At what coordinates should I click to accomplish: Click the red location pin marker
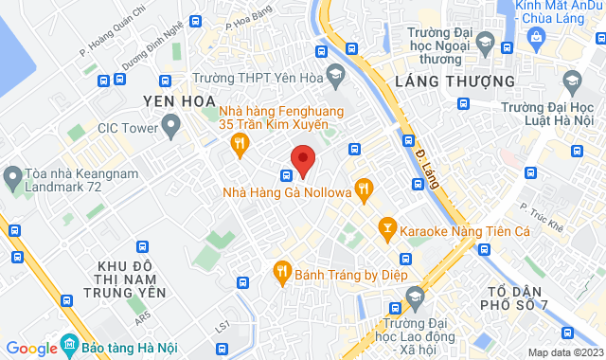(x=302, y=159)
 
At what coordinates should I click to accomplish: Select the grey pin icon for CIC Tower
(x=171, y=123)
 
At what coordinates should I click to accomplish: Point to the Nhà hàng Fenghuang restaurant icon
(x=241, y=143)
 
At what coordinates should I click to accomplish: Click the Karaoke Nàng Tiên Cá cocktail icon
(x=386, y=227)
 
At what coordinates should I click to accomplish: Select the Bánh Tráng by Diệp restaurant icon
(x=281, y=272)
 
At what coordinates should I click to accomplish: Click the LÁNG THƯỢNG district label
(x=447, y=81)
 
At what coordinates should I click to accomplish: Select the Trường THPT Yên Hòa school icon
(x=335, y=75)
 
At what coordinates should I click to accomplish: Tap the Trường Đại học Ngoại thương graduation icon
(x=485, y=44)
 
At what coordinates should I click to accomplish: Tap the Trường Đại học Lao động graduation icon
(x=415, y=299)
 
